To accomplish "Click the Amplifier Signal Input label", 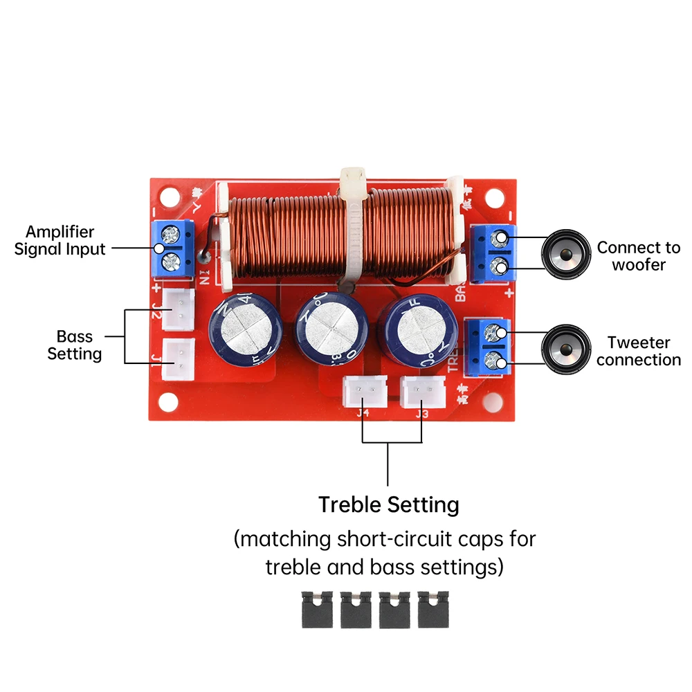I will (60, 240).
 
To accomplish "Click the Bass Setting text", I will (75, 345).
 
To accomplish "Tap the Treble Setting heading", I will (388, 504).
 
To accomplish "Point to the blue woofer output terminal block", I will (493, 253).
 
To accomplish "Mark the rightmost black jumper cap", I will (433, 609).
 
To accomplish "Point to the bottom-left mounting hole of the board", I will (166, 401).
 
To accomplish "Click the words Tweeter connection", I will (638, 351).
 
